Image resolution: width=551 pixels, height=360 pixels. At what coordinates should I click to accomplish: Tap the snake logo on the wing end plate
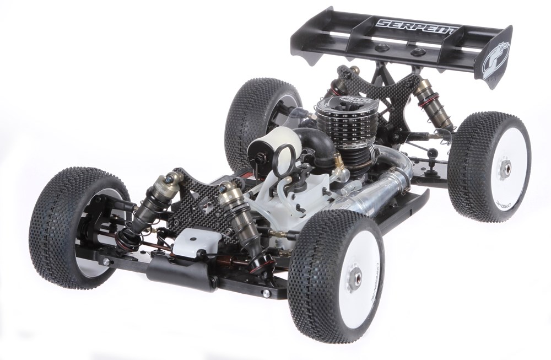coord(495,58)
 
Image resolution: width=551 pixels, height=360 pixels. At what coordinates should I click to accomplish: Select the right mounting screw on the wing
coord(419,52)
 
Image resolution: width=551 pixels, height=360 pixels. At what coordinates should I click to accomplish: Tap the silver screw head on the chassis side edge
coord(267,294)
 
